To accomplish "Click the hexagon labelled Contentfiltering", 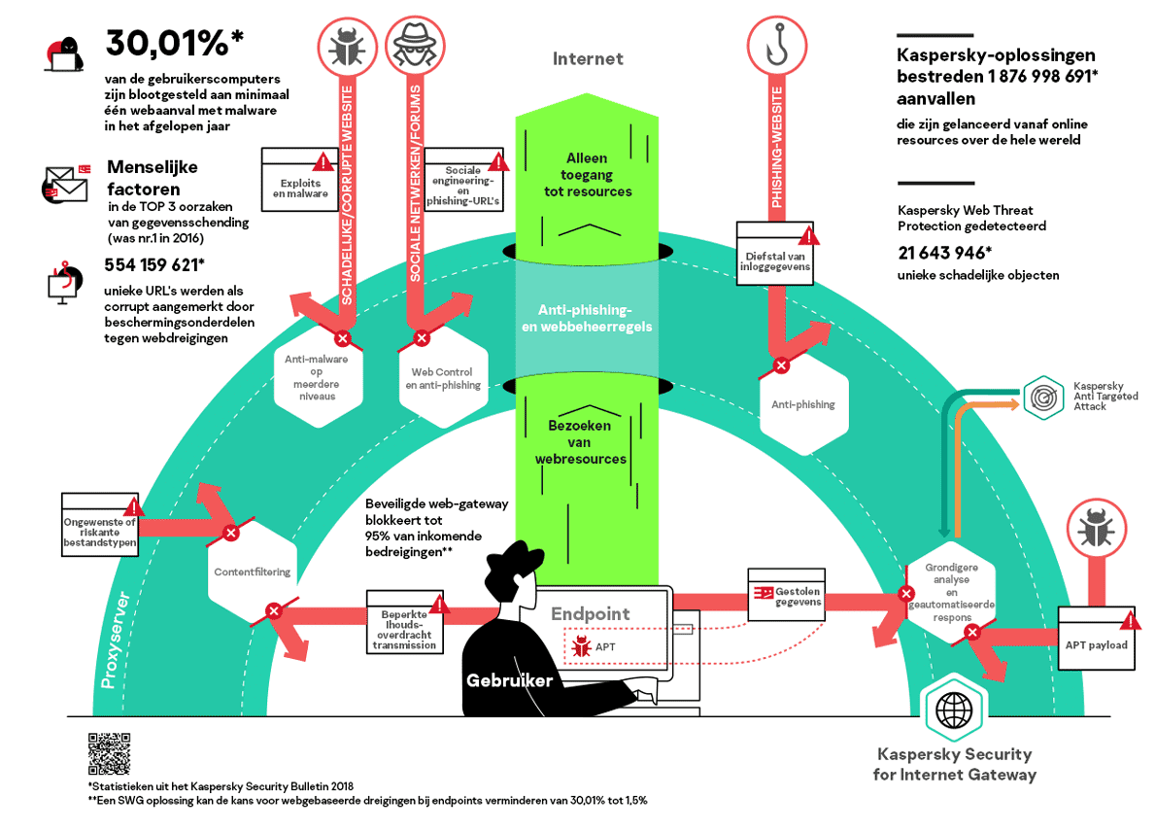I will point(253,572).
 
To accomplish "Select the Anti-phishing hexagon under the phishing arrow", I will point(802,404).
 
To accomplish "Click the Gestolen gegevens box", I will point(785,595).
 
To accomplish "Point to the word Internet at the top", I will point(588,58).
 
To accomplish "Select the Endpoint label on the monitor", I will point(591,613).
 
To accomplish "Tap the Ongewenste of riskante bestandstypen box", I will point(100,525).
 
